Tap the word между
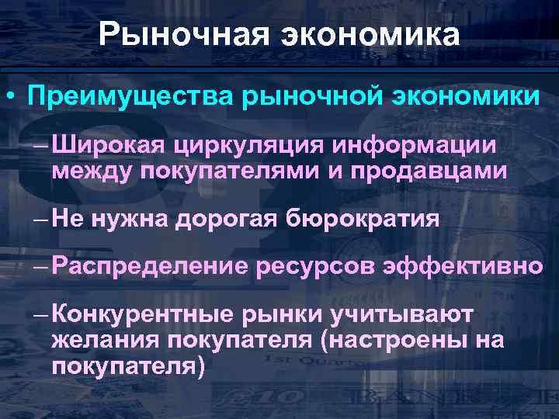tap(92, 170)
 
